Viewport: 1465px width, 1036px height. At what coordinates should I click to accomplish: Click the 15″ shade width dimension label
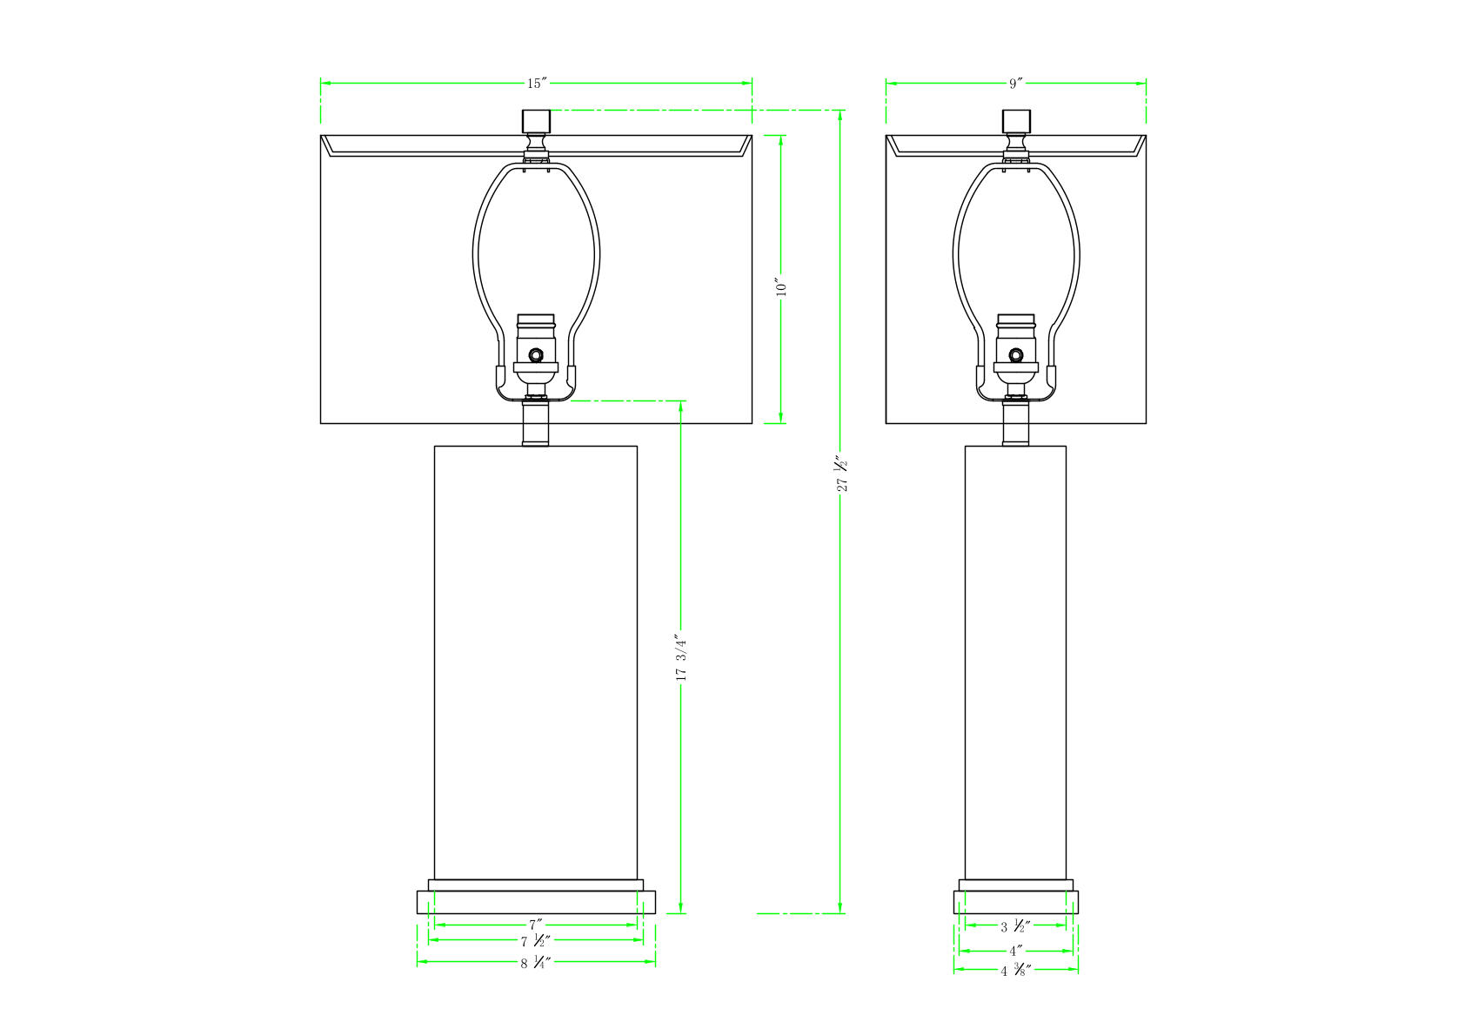pos(537,83)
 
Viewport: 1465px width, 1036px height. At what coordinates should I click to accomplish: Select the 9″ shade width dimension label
pos(1016,83)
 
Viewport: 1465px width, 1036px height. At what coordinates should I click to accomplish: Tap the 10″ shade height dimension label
pos(781,286)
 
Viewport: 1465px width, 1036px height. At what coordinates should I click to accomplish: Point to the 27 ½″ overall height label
pos(841,474)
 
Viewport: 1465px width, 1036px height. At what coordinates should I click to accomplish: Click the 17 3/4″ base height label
pos(681,657)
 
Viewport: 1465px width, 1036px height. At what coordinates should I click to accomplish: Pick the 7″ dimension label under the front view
pos(536,924)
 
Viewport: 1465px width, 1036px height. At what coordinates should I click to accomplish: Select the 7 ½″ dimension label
pos(536,941)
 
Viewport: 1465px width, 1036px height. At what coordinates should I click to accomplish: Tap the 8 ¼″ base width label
pos(536,963)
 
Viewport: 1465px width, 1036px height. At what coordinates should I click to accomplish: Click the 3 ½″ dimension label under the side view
pos(1016,926)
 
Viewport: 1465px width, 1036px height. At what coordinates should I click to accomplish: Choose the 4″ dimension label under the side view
pos(1016,951)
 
